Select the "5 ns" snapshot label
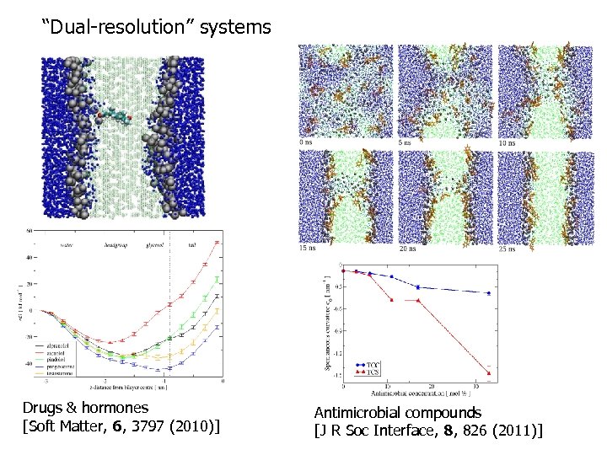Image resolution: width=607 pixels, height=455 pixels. pyautogui.click(x=406, y=142)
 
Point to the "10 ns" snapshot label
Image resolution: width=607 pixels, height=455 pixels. pyautogui.click(x=508, y=142)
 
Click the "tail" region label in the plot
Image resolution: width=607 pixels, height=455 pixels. pyautogui.click(x=193, y=245)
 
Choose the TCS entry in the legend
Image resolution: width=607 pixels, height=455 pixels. pyautogui.click(x=370, y=372)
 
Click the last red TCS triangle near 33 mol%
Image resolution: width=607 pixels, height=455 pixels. pyautogui.click(x=489, y=373)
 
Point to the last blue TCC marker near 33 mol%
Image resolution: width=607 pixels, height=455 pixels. pyautogui.click(x=489, y=293)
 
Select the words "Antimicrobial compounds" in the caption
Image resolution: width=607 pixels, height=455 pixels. pyautogui.click(x=397, y=413)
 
